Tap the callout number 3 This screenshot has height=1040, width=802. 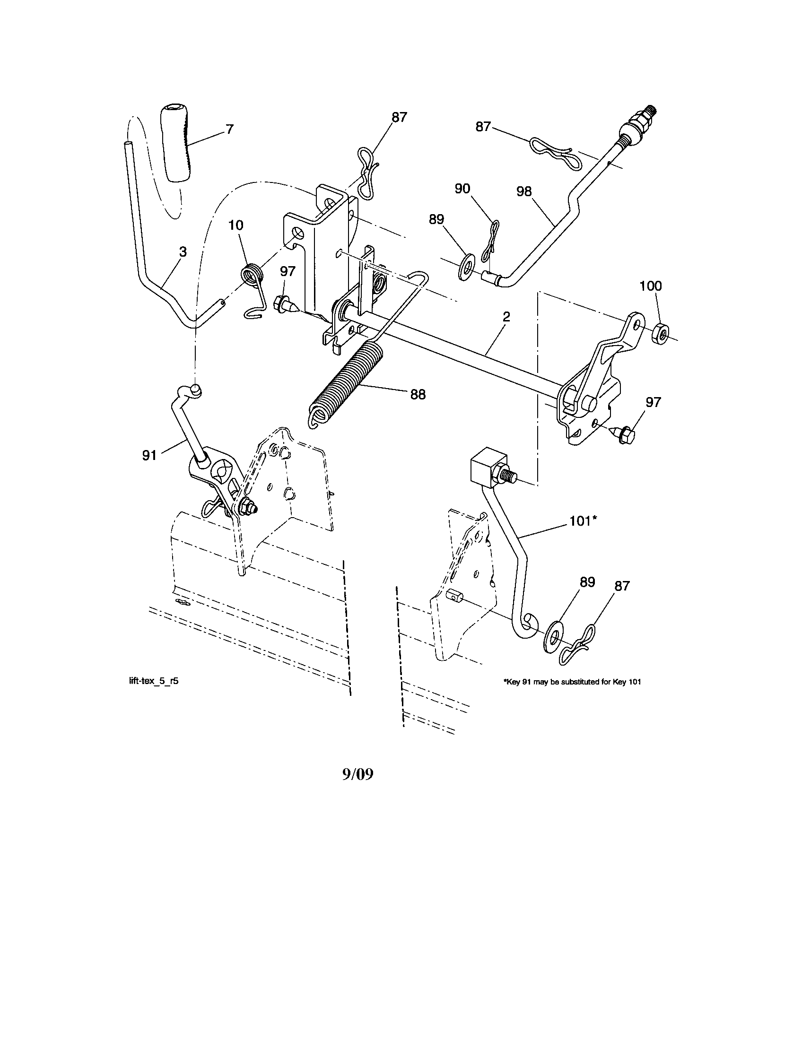click(183, 252)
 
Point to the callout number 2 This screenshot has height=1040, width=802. click(506, 317)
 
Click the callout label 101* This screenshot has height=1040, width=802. click(583, 521)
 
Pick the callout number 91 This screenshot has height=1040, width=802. click(149, 456)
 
